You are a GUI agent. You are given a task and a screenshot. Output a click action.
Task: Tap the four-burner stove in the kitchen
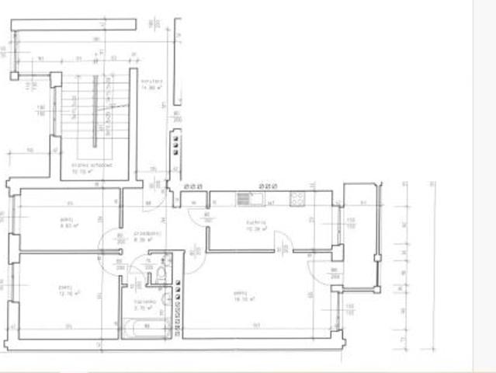(x=297, y=199)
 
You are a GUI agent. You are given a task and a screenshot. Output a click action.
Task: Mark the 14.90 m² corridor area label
(x=151, y=85)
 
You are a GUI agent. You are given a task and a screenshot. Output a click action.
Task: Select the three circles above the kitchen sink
(x=269, y=186)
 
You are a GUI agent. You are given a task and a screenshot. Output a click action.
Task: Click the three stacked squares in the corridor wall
(x=176, y=145)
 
